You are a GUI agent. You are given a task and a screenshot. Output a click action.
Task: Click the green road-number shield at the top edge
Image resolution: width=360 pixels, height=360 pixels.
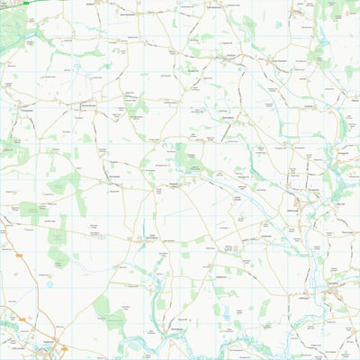(29, 4)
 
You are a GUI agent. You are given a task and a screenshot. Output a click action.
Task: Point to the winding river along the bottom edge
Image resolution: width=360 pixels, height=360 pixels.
(180, 346)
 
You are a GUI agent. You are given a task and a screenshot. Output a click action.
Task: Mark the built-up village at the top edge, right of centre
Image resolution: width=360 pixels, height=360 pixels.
(270, 59)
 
